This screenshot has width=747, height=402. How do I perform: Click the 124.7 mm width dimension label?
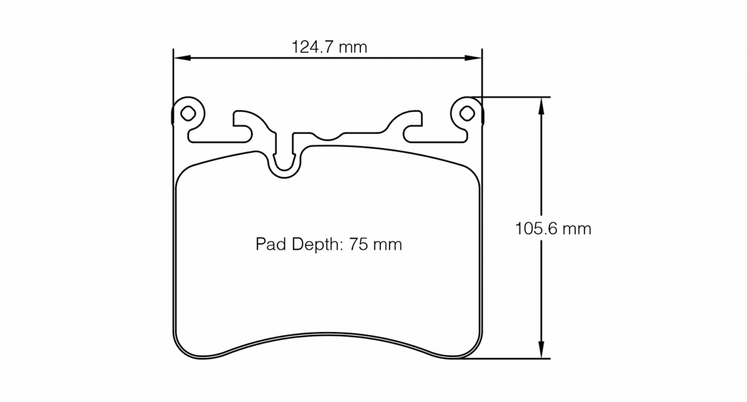pyautogui.click(x=329, y=48)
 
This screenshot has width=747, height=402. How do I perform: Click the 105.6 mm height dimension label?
pyautogui.click(x=553, y=228)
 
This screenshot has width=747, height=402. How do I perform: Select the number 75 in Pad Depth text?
pyautogui.click(x=359, y=244)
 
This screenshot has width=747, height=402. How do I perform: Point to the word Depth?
pyautogui.click(x=312, y=244)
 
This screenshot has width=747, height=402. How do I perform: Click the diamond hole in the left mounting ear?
pyautogui.click(x=188, y=112)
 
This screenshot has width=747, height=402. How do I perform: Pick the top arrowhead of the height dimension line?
pyautogui.click(x=541, y=103)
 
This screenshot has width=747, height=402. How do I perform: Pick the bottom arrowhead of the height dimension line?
pyautogui.click(x=541, y=352)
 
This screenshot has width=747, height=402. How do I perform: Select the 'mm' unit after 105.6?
pyautogui.click(x=576, y=228)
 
